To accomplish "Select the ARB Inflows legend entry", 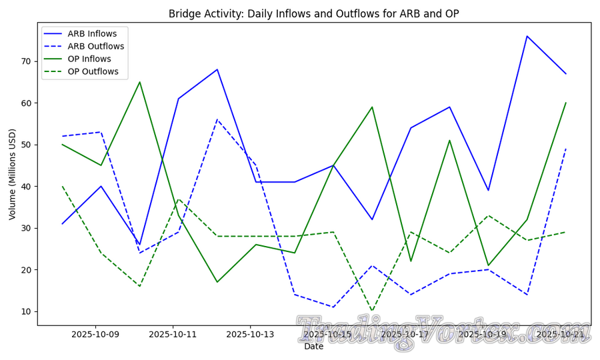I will [96, 34].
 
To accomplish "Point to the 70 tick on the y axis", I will [26, 61].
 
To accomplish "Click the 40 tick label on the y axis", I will [26, 187].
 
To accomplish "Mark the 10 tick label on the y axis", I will [26, 312].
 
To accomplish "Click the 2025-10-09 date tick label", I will [95, 334].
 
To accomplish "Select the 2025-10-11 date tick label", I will [173, 334].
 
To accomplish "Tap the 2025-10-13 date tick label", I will [250, 334].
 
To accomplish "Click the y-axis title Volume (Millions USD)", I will [12, 175].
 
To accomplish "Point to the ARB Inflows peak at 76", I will [527, 36].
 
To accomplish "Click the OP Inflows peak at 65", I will [139, 82].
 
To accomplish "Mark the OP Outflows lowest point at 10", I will [372, 311].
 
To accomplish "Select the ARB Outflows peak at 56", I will [217, 119].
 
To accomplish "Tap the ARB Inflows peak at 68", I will [217, 69].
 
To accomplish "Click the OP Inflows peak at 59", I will [372, 107].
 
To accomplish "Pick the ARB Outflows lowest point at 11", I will [333, 307].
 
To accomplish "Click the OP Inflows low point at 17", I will [217, 282].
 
